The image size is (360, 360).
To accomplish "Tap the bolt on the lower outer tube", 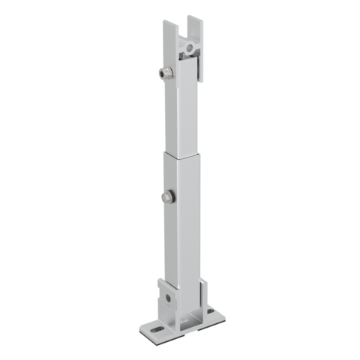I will pyautogui.click(x=166, y=197).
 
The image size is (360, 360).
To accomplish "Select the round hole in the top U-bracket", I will pyautogui.click(x=190, y=48).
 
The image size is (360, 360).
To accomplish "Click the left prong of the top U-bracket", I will pyautogui.click(x=169, y=37).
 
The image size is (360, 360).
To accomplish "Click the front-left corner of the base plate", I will pyautogui.click(x=142, y=330).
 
